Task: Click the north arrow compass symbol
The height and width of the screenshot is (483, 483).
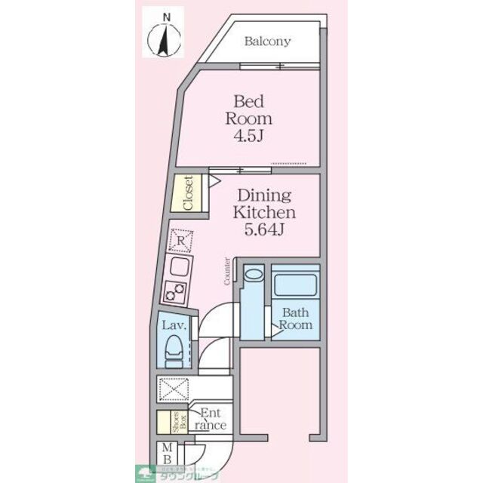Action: coord(162,38)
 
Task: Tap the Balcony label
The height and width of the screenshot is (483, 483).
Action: coord(267,42)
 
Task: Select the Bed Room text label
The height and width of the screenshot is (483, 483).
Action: coord(248,109)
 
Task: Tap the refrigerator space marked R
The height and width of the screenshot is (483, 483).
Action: coord(180,241)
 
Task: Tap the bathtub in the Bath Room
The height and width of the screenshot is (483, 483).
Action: coord(295,285)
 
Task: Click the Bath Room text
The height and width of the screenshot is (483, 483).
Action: coord(295,318)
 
